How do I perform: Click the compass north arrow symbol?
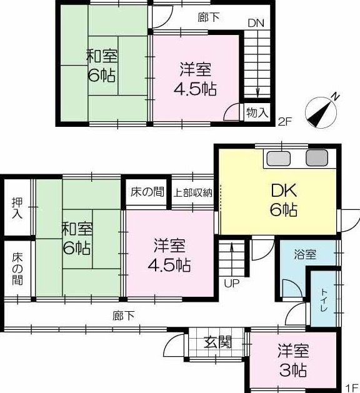click(x=321, y=112)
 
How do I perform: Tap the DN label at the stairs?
click(x=256, y=23)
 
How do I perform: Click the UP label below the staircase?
click(x=231, y=283)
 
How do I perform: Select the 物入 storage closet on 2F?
click(x=257, y=112)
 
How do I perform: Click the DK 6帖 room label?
click(x=284, y=199)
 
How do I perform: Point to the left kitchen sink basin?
click(x=278, y=159)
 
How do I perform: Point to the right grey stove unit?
click(x=317, y=158)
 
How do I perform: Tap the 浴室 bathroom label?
click(x=305, y=254)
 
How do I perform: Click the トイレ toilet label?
click(x=324, y=300)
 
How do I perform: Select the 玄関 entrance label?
click(x=217, y=342)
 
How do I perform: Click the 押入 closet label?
click(x=17, y=208)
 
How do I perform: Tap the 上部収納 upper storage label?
click(x=192, y=192)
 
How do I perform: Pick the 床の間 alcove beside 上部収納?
click(x=147, y=192)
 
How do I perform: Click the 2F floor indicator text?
click(x=285, y=122)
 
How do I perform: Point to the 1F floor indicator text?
click(x=352, y=388)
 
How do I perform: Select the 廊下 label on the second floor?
click(x=208, y=17)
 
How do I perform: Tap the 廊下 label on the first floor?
click(x=123, y=316)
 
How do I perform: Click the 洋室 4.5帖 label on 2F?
click(x=195, y=79)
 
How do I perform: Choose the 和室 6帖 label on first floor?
click(x=77, y=238)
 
